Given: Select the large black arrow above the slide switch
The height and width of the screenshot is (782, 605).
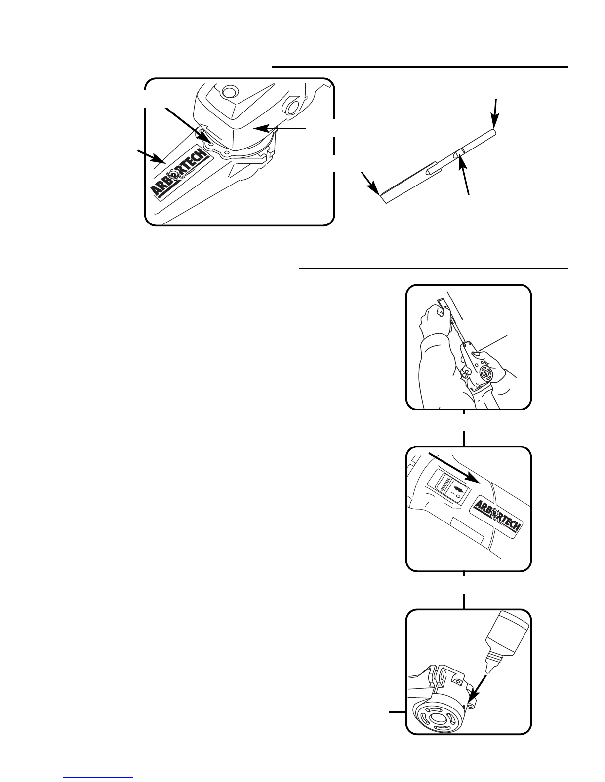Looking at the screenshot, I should (x=453, y=467).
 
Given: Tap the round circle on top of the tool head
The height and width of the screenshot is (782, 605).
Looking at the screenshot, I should (x=228, y=92).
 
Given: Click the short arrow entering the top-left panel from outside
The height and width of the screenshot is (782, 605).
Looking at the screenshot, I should (x=151, y=155).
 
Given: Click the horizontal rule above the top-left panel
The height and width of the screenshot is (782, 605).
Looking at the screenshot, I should (x=420, y=66).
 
